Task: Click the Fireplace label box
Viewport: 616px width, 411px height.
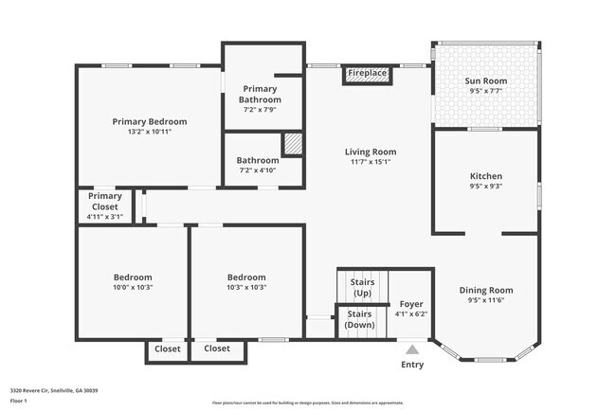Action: (x=366, y=73)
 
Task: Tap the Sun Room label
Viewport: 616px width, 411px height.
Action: (x=485, y=81)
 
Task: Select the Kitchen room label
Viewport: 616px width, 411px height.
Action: (x=485, y=176)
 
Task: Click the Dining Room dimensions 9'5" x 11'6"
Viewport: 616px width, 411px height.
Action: (x=485, y=301)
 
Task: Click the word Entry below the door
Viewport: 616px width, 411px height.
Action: (x=412, y=365)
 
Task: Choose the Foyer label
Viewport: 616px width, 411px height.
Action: (x=410, y=304)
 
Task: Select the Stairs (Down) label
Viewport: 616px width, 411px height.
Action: (x=358, y=319)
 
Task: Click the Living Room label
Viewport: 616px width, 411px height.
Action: (x=369, y=152)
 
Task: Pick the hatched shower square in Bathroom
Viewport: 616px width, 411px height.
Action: (x=294, y=143)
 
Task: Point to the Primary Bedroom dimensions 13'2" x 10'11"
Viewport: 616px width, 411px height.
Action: (x=149, y=132)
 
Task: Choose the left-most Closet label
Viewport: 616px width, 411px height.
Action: (x=167, y=348)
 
